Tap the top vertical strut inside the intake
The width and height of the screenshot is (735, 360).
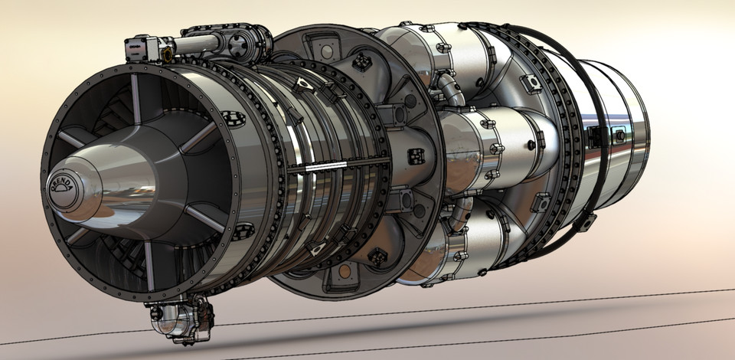pos(136,97)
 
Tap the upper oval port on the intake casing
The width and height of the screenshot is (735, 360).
pos(230,117)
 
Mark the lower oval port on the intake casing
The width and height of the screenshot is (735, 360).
pos(244,229)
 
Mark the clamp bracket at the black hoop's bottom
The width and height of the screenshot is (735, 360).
pos(586,222)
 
